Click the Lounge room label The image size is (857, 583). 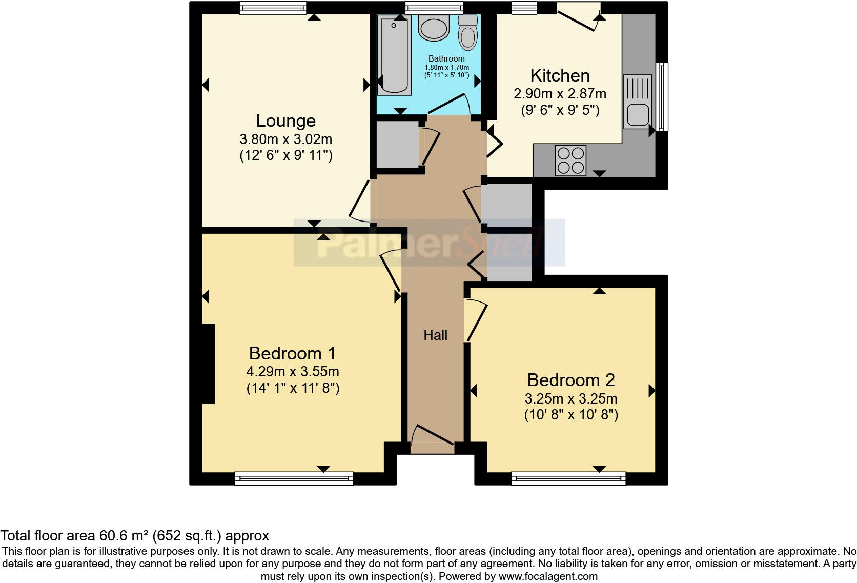pyautogui.click(x=285, y=121)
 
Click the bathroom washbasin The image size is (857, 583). pyautogui.click(x=434, y=28)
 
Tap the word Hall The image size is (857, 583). pyautogui.click(x=435, y=335)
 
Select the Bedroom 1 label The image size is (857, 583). pyautogui.click(x=292, y=353)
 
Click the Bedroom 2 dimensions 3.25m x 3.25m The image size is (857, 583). pyautogui.click(x=570, y=398)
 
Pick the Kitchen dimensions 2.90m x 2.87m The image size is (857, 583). pyautogui.click(x=560, y=94)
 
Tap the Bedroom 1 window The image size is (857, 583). pyautogui.click(x=294, y=479)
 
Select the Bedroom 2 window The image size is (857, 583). pyautogui.click(x=568, y=479)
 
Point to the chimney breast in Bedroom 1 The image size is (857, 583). pyautogui.click(x=208, y=364)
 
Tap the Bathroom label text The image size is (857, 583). pyautogui.click(x=446, y=58)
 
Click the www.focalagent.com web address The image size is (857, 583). pyautogui.click(x=547, y=576)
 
